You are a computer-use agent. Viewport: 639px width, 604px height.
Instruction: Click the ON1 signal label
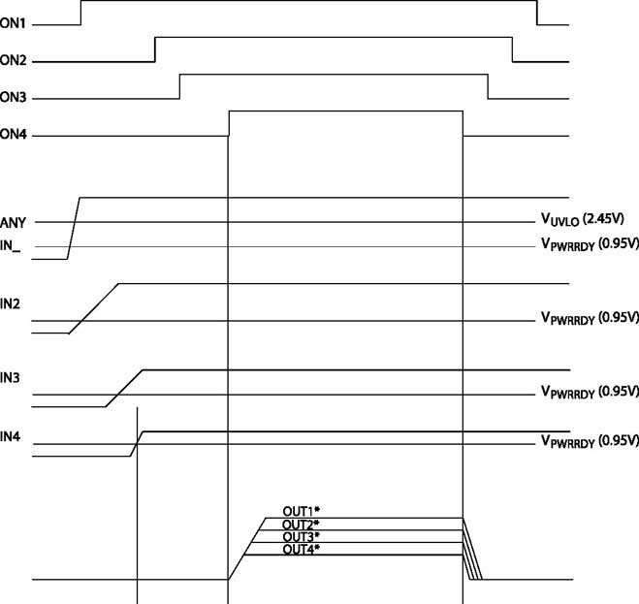pyautogui.click(x=13, y=23)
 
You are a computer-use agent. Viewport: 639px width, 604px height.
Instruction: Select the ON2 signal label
pyautogui.click(x=13, y=60)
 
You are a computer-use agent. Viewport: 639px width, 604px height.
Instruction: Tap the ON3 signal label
pyautogui.click(x=13, y=97)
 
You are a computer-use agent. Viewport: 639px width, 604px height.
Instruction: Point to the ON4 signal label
pyautogui.click(x=13, y=134)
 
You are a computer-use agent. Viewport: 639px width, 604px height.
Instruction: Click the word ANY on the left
pyautogui.click(x=13, y=223)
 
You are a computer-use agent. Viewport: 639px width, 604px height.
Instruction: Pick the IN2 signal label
pyautogui.click(x=10, y=304)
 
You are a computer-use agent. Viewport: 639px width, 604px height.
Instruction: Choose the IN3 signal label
pyautogui.click(x=10, y=378)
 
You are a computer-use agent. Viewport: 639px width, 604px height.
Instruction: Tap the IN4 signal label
pyautogui.click(x=11, y=437)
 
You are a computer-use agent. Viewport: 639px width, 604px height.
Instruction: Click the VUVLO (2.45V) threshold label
pyautogui.click(x=583, y=220)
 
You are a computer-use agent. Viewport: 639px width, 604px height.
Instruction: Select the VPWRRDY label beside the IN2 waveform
pyautogui.click(x=590, y=318)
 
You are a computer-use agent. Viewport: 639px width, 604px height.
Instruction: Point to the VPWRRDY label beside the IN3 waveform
pyautogui.click(x=590, y=392)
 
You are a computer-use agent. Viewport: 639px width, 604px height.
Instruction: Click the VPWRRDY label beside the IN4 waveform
pyautogui.click(x=590, y=441)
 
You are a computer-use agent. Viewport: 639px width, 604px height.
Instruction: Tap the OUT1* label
pyautogui.click(x=302, y=511)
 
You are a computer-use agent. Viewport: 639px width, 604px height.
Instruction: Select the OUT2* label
pyautogui.click(x=301, y=525)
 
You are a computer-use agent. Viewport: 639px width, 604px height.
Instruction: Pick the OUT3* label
pyautogui.click(x=301, y=536)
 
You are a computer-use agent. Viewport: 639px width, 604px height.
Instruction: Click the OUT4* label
pyautogui.click(x=302, y=550)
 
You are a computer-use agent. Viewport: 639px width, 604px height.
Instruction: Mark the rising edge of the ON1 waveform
pyautogui.click(x=80, y=13)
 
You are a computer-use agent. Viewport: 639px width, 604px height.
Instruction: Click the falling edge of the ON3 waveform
pyautogui.click(x=488, y=86)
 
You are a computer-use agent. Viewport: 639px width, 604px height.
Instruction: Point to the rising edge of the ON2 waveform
pyautogui.click(x=155, y=49)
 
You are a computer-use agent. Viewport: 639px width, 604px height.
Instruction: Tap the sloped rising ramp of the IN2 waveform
pyautogui.click(x=94, y=308)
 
